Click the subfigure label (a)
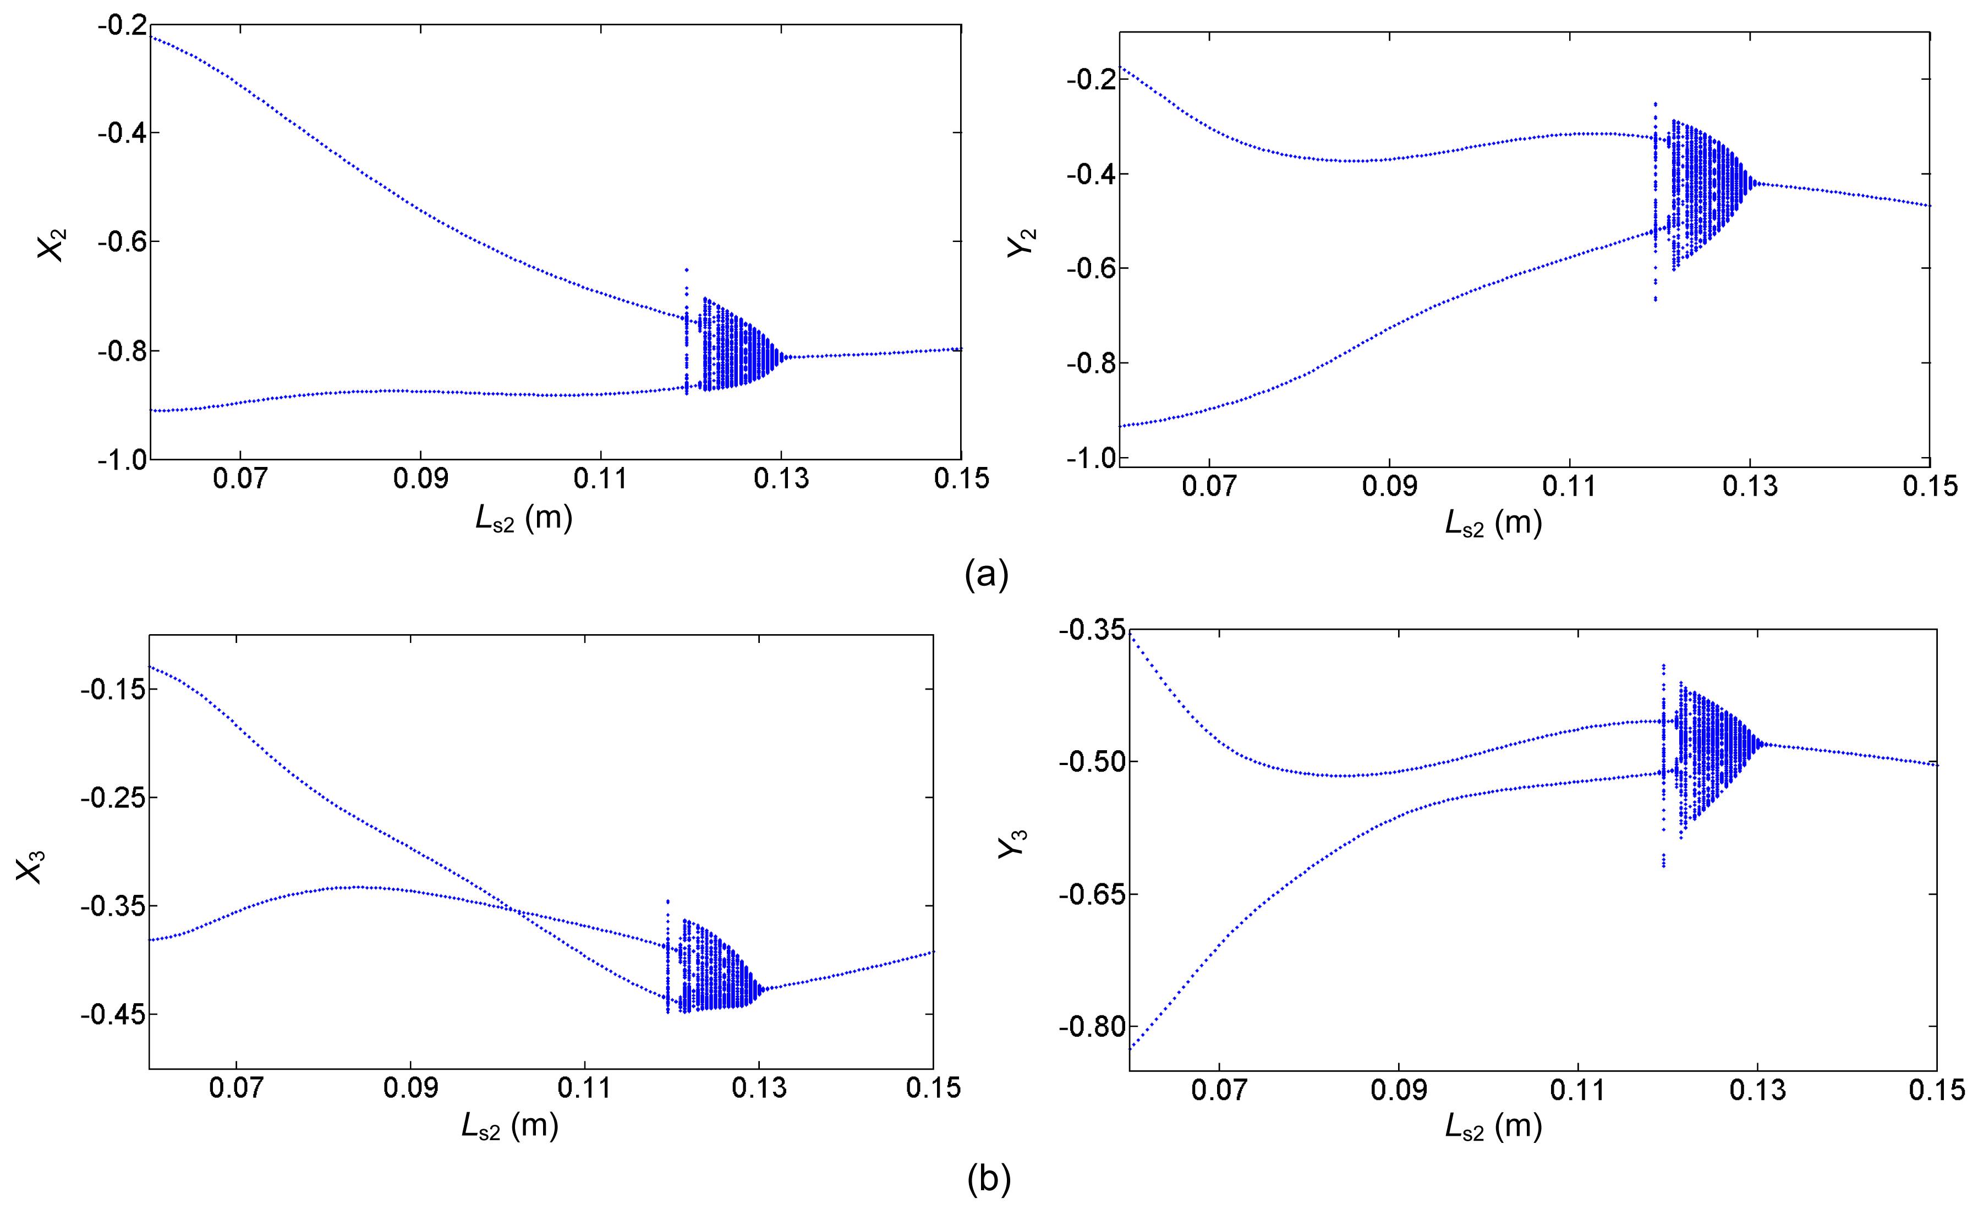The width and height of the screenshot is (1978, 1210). tap(986, 575)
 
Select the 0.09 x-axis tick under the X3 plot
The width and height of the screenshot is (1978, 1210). tap(410, 1089)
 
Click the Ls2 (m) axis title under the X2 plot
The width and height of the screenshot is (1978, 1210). tap(523, 520)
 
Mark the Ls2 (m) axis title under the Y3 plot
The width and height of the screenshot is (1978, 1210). tap(1493, 1127)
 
